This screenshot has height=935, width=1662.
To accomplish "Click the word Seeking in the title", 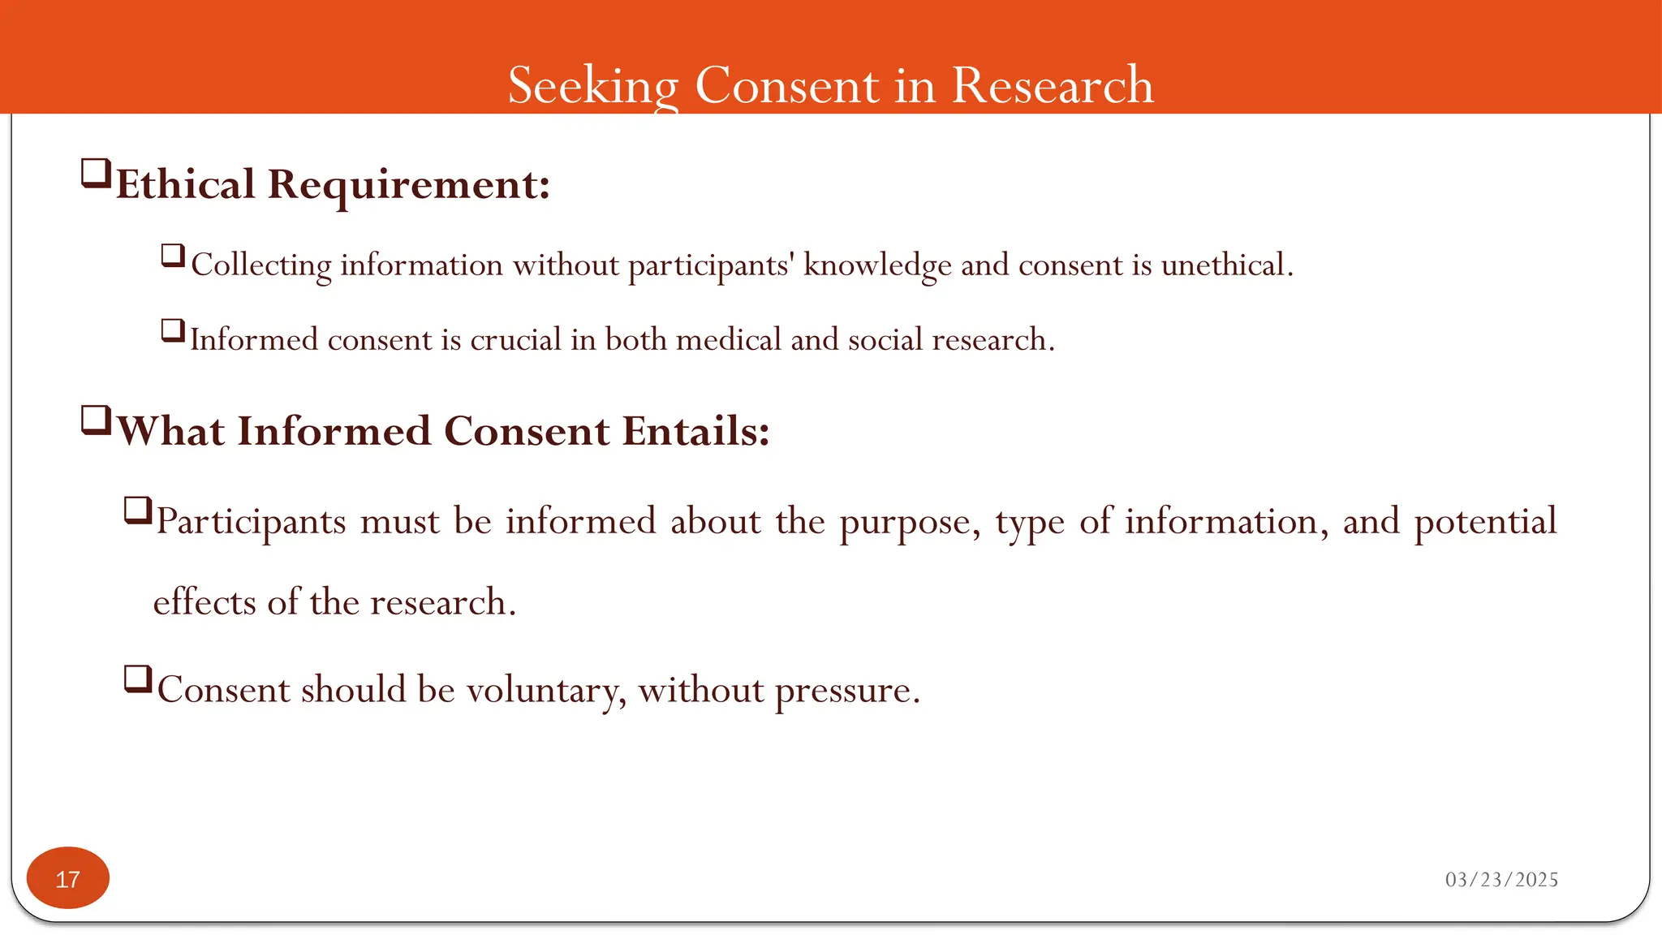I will (x=593, y=85).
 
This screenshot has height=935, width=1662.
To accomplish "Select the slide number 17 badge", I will (x=68, y=878).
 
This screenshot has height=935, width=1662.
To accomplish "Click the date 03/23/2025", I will (x=1501, y=880).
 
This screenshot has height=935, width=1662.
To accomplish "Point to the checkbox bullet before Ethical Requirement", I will (x=96, y=174).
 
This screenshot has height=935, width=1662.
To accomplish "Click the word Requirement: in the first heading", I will (x=409, y=185).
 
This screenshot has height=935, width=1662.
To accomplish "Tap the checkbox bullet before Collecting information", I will (x=173, y=256).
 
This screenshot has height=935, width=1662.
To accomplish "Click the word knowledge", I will (x=877, y=266).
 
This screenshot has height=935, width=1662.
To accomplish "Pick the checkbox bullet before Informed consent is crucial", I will (x=173, y=331).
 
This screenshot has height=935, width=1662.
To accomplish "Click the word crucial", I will (x=515, y=340).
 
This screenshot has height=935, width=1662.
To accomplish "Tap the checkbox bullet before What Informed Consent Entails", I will (x=96, y=421).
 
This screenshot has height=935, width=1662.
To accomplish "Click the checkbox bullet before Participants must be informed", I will (x=138, y=511).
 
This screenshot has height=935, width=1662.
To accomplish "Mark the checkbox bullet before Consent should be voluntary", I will (x=138, y=679).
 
